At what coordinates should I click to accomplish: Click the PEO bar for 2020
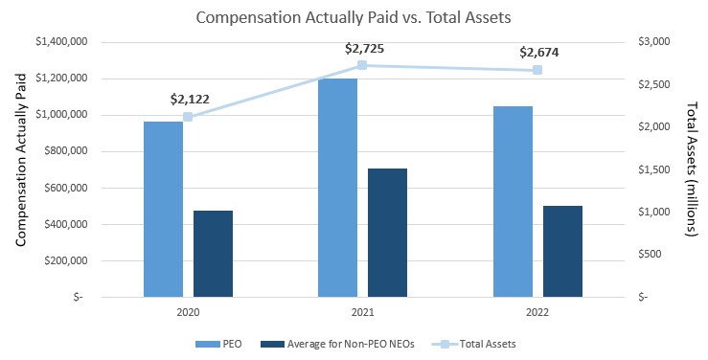click(163, 209)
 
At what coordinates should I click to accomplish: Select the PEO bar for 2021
click(337, 188)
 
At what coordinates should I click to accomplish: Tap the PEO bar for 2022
click(513, 201)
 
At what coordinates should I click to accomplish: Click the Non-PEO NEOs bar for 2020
click(213, 253)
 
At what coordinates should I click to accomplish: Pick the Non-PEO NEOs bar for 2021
click(388, 232)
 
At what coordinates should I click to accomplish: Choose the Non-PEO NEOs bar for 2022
click(562, 251)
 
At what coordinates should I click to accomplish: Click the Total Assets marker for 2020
click(188, 117)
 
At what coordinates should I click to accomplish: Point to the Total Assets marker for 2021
click(362, 65)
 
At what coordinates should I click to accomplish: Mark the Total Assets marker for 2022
click(537, 70)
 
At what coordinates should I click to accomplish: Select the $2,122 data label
click(188, 99)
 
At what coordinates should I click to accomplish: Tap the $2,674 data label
click(537, 52)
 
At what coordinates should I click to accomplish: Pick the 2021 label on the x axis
click(362, 312)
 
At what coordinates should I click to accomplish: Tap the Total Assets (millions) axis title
click(692, 169)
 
